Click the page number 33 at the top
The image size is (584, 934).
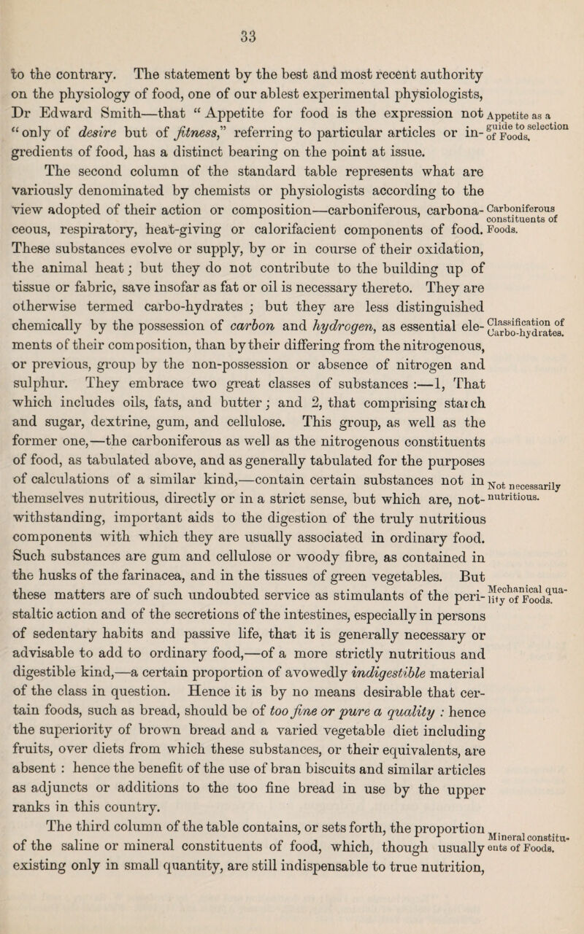coord(293,14)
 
